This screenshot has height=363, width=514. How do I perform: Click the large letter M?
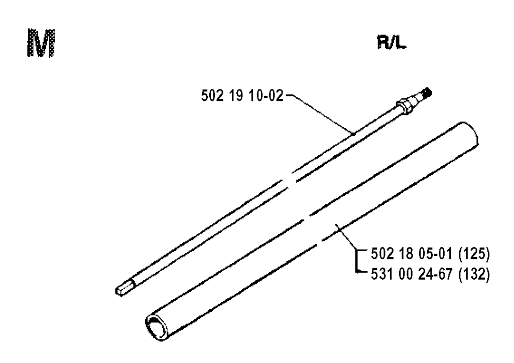41,44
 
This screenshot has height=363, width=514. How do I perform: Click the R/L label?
392,43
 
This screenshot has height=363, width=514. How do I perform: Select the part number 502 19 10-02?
242,96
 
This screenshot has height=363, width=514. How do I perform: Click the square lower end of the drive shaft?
124,288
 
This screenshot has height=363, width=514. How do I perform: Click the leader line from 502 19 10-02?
320,114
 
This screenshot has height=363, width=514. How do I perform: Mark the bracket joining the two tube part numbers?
357,261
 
